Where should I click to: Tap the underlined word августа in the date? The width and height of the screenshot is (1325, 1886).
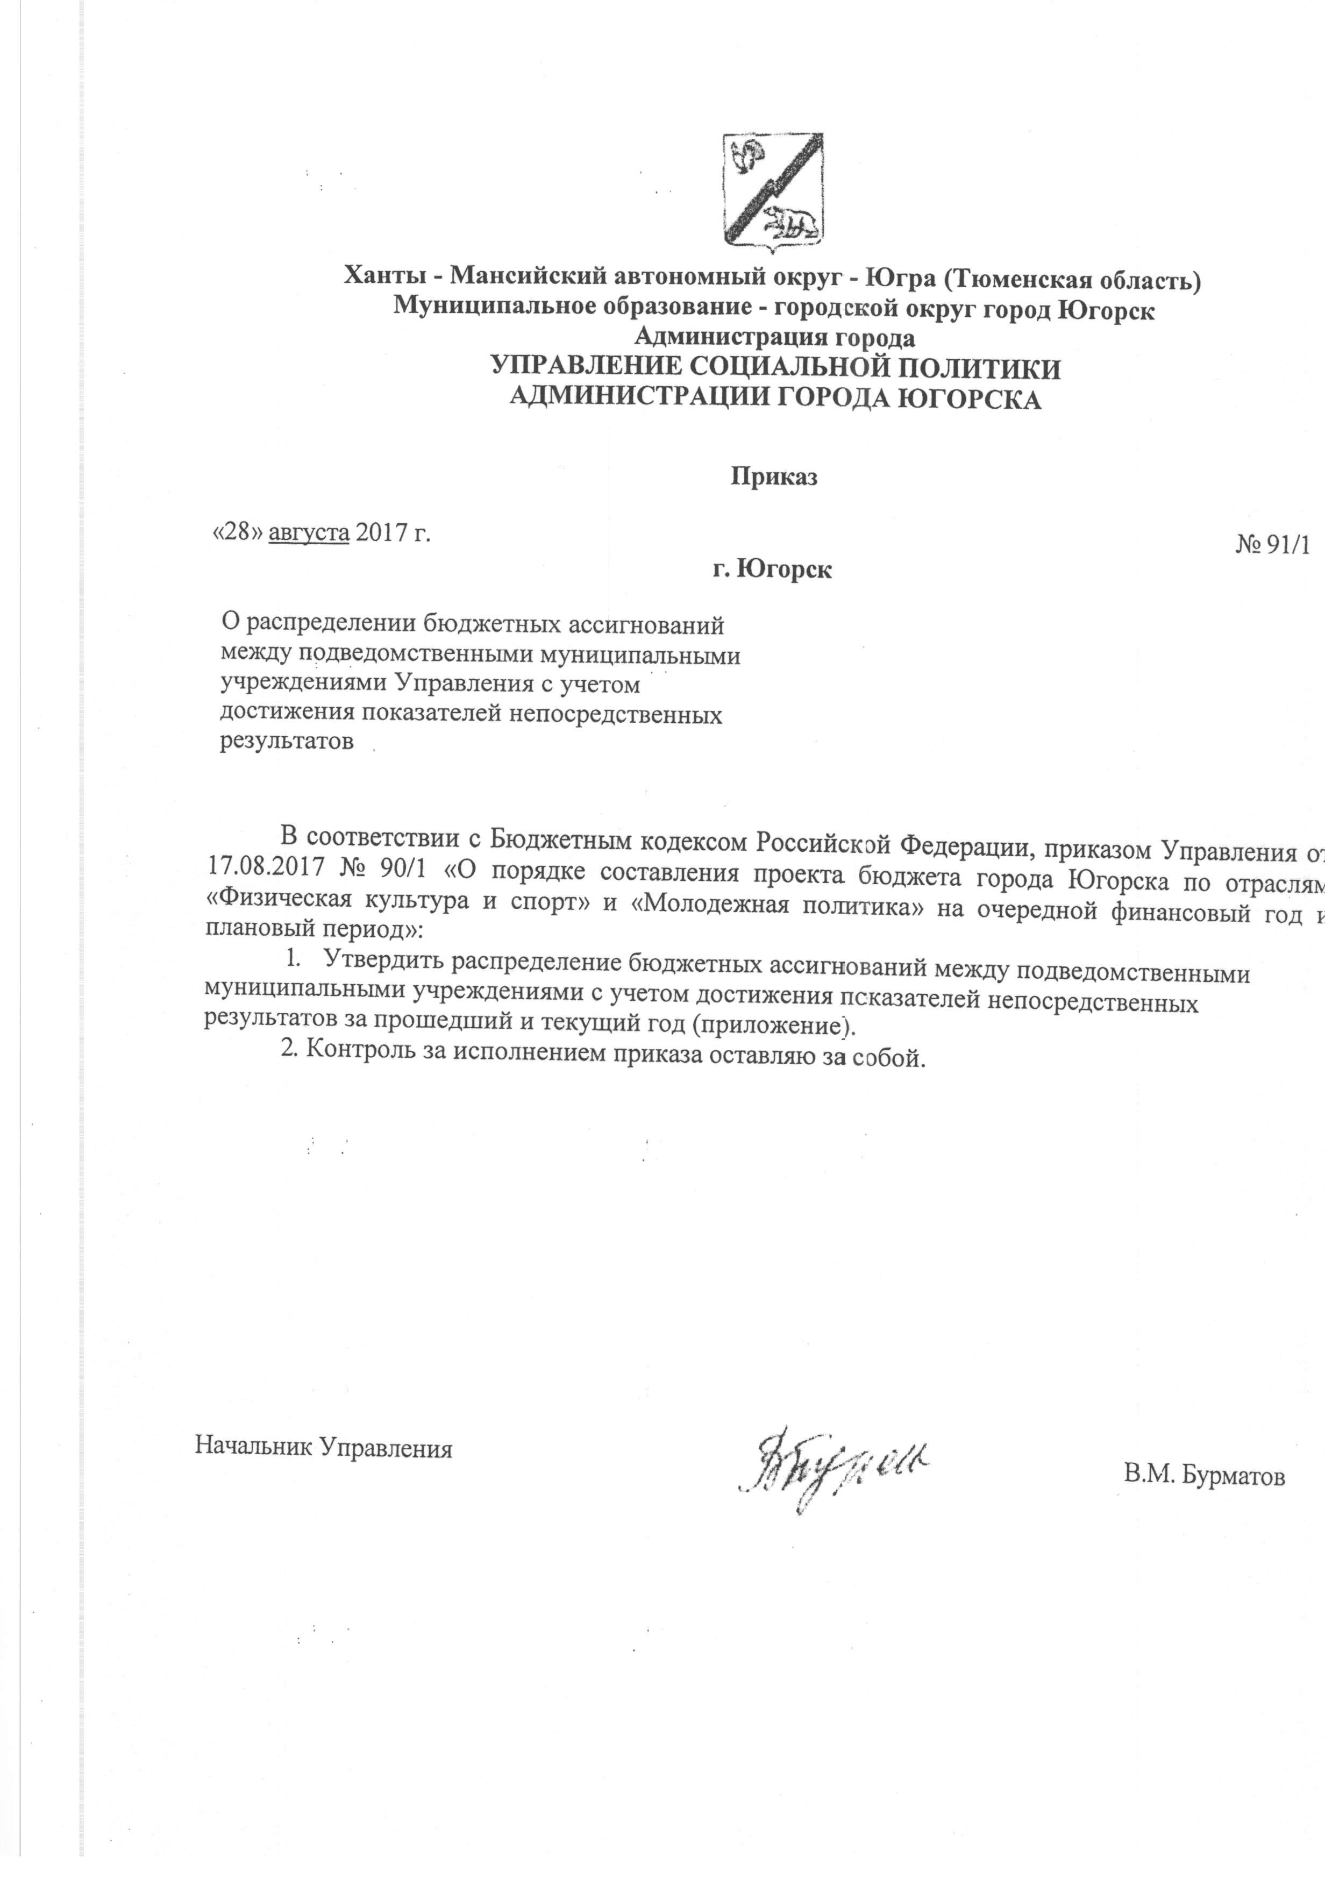310,532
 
